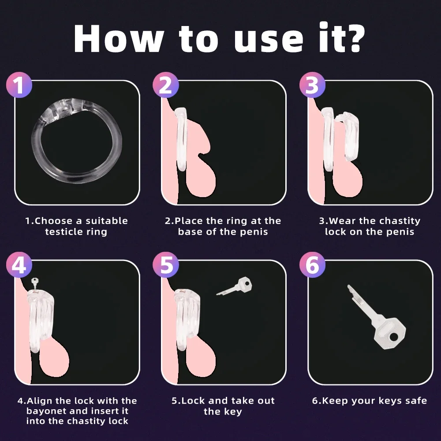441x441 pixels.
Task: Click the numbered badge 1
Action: click(x=19, y=85)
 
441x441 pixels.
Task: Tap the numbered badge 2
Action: click(x=166, y=85)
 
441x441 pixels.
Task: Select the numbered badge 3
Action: click(x=312, y=85)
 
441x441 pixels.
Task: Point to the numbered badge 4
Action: click(x=19, y=265)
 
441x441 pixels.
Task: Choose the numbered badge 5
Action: click(x=166, y=265)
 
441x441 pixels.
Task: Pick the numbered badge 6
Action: click(x=312, y=265)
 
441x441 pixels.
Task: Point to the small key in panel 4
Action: click(x=34, y=284)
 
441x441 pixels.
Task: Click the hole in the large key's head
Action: click(x=394, y=336)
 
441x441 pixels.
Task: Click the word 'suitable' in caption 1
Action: click(x=107, y=221)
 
